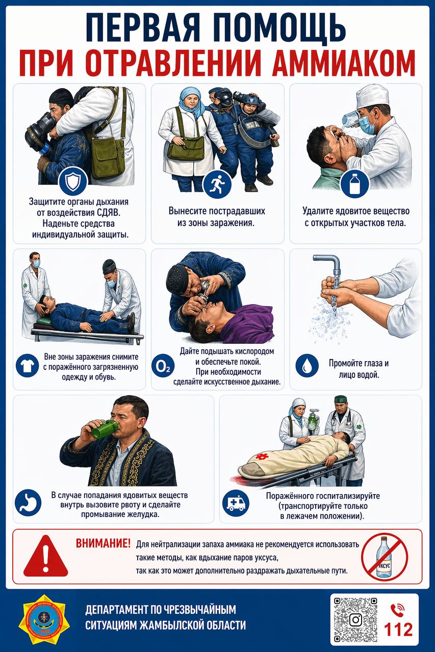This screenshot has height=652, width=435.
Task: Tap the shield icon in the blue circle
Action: click(73, 181)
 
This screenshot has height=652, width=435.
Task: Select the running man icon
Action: click(217, 184)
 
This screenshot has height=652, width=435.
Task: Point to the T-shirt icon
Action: click(27, 365)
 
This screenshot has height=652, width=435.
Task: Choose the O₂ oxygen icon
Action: click(163, 366)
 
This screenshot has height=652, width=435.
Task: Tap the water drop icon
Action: click(307, 365)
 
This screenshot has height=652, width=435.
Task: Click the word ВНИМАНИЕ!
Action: click(103, 543)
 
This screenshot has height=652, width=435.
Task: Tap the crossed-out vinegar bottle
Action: click(385, 557)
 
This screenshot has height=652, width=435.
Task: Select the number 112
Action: click(398, 630)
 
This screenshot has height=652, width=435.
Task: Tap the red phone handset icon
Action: click(397, 610)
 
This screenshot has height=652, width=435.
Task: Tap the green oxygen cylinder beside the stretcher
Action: click(313, 420)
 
